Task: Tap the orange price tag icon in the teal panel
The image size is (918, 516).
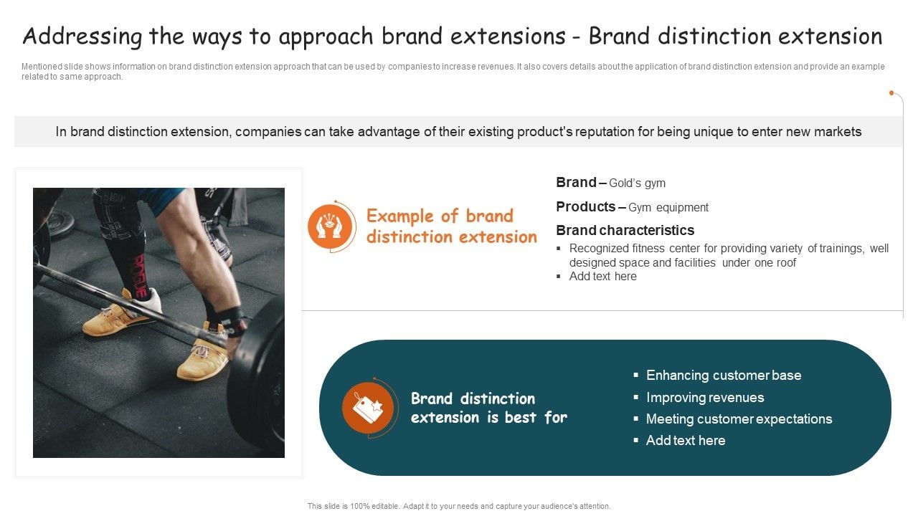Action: tap(368, 408)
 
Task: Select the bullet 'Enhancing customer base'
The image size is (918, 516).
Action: tap(723, 376)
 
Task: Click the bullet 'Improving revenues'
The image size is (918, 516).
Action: tap(704, 398)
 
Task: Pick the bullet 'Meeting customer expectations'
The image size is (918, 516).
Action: tap(739, 419)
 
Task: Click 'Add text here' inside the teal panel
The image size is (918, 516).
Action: tap(685, 441)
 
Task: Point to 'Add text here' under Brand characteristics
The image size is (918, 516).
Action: tap(602, 277)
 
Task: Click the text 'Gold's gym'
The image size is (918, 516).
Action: tap(637, 183)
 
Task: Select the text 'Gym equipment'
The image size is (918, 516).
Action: tap(668, 208)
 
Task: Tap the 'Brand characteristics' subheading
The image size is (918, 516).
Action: tap(625, 230)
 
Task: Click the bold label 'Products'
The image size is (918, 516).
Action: tap(585, 206)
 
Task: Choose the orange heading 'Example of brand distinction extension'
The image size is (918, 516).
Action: tap(451, 226)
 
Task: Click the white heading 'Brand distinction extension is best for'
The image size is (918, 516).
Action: tap(488, 408)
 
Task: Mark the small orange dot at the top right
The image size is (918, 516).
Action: tap(891, 93)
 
